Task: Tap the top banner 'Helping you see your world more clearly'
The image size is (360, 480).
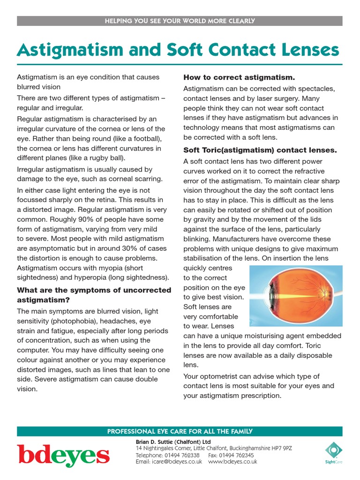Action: (180, 21)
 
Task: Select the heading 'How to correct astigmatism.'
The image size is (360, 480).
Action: (239, 77)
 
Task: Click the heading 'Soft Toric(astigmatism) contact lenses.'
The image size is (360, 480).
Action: (260, 150)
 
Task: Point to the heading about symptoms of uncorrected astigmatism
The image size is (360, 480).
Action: (94, 294)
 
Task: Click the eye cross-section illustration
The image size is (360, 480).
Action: (296, 296)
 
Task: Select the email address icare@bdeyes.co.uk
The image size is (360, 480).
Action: (175, 461)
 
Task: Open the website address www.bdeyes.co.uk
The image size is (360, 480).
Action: (232, 461)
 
